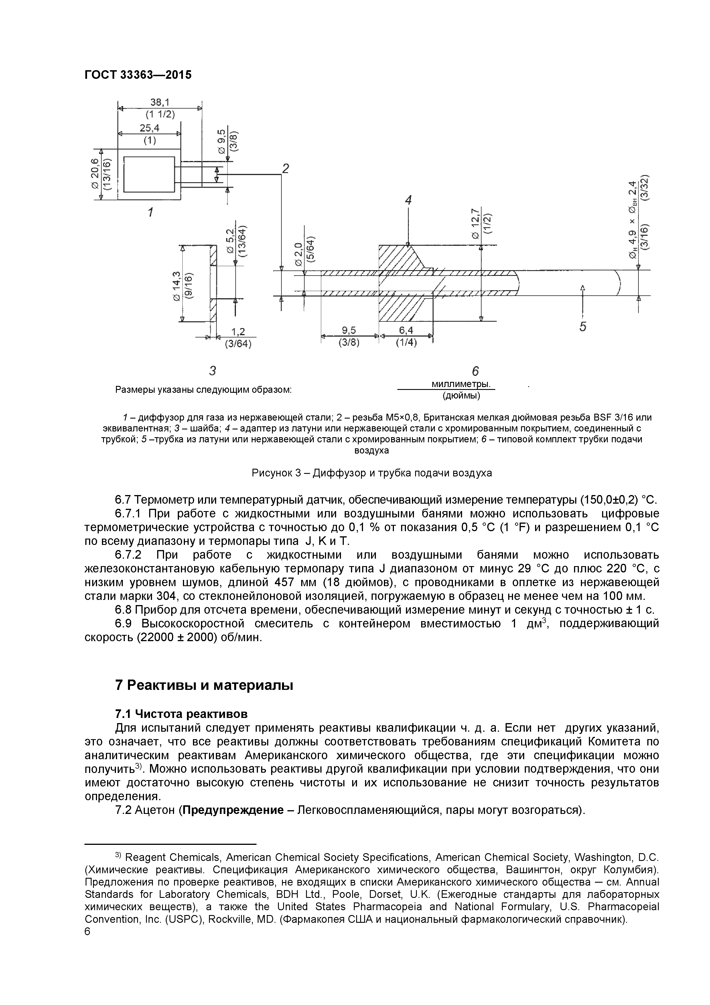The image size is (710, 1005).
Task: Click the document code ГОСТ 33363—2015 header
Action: point(138,75)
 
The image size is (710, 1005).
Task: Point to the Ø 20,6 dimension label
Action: point(95,174)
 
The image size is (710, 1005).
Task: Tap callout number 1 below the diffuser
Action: point(150,213)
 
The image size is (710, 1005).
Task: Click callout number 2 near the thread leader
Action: point(285,168)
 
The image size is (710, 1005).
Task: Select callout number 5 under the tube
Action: point(583,327)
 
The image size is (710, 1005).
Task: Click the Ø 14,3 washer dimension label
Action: point(177,285)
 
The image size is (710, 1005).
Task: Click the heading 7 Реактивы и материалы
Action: point(204,686)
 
